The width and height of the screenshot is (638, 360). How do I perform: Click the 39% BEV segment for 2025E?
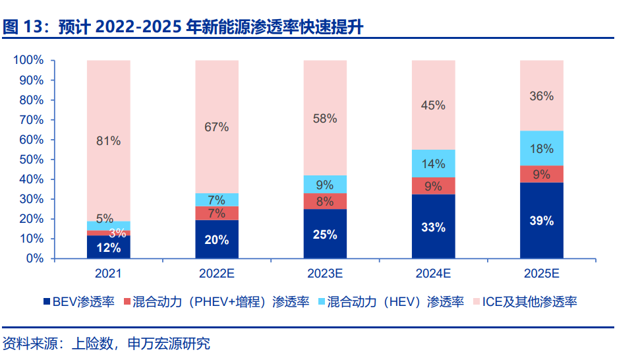pyautogui.click(x=542, y=221)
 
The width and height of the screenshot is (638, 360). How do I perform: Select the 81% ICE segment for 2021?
pyautogui.click(x=109, y=140)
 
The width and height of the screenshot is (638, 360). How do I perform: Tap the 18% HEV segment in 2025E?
pyautogui.click(x=542, y=148)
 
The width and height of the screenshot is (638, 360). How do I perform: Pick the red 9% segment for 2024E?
pyautogui.click(x=433, y=186)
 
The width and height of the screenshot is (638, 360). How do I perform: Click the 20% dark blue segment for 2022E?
pyautogui.click(x=217, y=239)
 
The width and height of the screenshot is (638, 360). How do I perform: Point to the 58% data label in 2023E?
pyautogui.click(x=325, y=119)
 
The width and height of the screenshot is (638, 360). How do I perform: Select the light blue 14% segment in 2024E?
pyautogui.click(x=433, y=164)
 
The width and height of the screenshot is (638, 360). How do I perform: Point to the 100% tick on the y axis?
pyautogui.click(x=29, y=61)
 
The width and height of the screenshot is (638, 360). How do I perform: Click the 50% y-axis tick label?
pyautogui.click(x=32, y=160)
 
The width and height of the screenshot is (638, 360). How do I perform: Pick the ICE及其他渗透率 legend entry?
pyautogui.click(x=524, y=302)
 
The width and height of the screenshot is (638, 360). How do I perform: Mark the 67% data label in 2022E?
pyautogui.click(x=217, y=127)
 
